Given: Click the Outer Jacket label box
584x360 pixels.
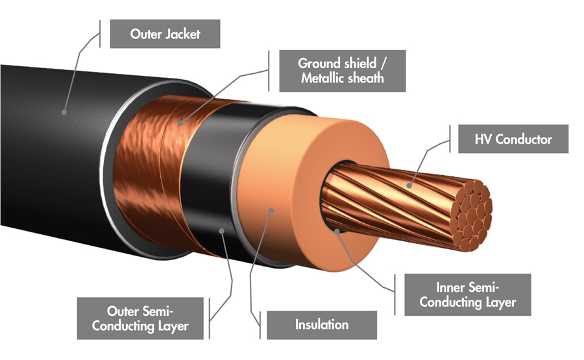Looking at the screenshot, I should coord(164,34).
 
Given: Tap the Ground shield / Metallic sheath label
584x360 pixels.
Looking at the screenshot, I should coord(342,71).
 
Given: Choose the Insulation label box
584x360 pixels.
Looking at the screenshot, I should coord(322,324).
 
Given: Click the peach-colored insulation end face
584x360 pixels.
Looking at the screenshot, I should coord(286,195).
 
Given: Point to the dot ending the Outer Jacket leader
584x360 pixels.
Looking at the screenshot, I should coord(64,112).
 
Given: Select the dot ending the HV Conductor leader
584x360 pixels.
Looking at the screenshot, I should coord(409,186).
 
